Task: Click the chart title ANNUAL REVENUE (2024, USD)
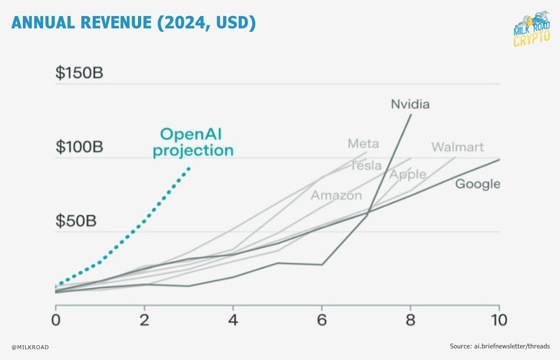(x=134, y=23)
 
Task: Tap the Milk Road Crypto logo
(x=532, y=29)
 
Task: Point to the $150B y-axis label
(x=79, y=73)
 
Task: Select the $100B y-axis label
(x=79, y=147)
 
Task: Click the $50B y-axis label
(x=76, y=221)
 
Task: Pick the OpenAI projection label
(x=192, y=142)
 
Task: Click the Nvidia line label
(x=410, y=104)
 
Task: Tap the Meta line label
(x=363, y=144)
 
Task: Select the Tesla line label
(x=366, y=165)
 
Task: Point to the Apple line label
(x=408, y=174)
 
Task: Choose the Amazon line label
(x=336, y=195)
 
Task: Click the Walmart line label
(x=458, y=147)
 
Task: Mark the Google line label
(x=478, y=184)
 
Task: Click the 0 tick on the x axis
(x=56, y=320)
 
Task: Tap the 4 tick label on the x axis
(x=233, y=320)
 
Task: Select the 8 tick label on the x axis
(x=410, y=320)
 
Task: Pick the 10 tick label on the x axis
(x=499, y=320)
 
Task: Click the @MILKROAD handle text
(x=30, y=347)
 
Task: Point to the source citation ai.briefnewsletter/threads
(x=500, y=346)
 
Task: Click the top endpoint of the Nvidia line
(x=411, y=115)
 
